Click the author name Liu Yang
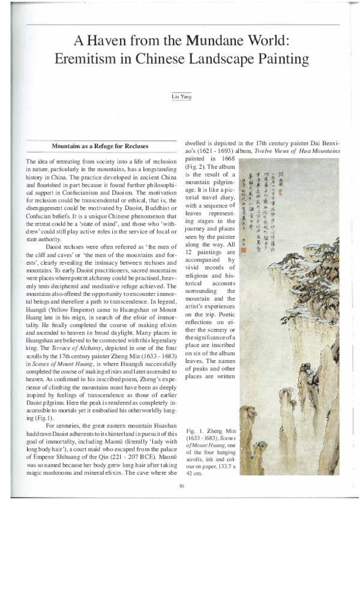click(180, 96)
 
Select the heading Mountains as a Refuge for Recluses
click(100, 146)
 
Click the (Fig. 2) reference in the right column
click(196, 166)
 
